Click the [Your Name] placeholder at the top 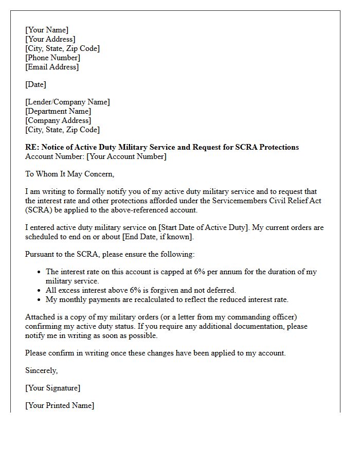47,30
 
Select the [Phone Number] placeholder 52,58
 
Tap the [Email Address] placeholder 52,67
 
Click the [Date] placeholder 35,84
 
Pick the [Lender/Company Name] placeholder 67,102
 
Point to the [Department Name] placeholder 58,111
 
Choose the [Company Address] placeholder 58,120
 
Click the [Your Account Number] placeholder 127,156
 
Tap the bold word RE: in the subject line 32,147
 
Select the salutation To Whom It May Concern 69,174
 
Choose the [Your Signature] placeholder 53,388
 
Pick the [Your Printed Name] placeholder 60,405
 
